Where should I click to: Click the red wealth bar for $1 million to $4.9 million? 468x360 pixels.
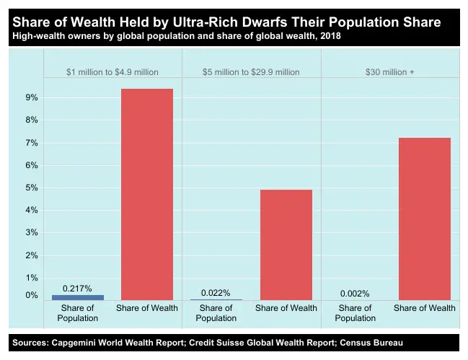click(147, 194)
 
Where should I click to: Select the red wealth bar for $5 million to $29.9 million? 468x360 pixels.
click(286, 245)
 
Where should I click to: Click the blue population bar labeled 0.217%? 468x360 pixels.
click(78, 297)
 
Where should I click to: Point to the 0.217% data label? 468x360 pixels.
click(77, 289)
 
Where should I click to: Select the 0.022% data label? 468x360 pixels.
click(216, 293)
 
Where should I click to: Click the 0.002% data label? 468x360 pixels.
click(355, 294)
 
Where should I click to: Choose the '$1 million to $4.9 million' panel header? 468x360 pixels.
click(112, 72)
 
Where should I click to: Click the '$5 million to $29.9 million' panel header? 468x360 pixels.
click(251, 72)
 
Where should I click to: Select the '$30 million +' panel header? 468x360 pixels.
click(390, 72)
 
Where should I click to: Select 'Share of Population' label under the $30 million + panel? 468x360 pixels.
click(355, 313)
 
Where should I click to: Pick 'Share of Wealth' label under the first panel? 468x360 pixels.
click(147, 308)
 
